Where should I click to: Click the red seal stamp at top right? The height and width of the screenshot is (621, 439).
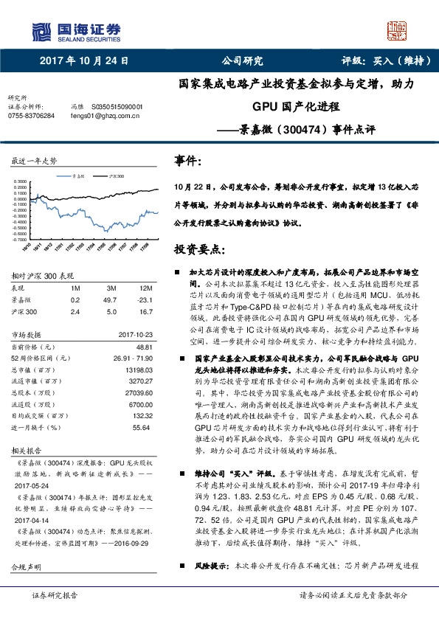[x=396, y=31]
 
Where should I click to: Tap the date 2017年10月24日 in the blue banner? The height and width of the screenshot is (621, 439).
[x=84, y=60]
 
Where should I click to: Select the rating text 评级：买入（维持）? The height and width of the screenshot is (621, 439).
[x=384, y=60]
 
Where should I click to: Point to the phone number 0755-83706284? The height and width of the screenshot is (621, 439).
[x=31, y=116]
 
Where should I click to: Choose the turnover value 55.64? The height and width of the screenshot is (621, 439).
[x=142, y=428]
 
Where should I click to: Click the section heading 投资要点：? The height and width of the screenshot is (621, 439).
[x=201, y=251]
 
